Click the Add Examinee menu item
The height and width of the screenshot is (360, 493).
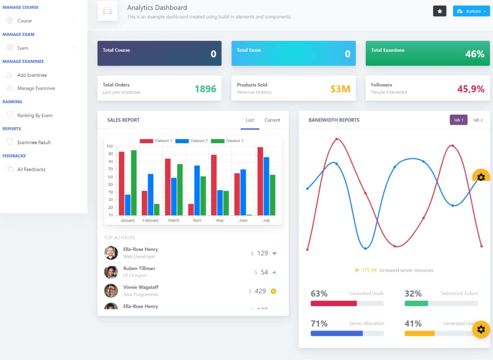32,75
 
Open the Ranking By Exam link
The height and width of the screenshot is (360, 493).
34,115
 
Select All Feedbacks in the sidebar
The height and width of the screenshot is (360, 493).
31,170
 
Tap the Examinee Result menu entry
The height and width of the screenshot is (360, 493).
34,142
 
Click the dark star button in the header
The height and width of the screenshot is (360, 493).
440,11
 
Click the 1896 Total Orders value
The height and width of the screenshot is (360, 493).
205,89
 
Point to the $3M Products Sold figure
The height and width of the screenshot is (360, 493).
340,89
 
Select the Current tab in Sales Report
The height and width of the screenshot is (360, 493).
272,120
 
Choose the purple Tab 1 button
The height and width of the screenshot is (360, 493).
458,120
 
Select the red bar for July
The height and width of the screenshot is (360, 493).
260,181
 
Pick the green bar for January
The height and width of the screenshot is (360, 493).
134,182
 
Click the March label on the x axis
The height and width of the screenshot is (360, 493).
174,220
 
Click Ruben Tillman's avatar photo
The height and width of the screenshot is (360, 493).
111,272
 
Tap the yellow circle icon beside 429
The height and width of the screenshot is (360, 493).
273,291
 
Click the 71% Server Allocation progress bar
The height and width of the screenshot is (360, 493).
347,333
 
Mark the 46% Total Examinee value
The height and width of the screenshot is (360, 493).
475,54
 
